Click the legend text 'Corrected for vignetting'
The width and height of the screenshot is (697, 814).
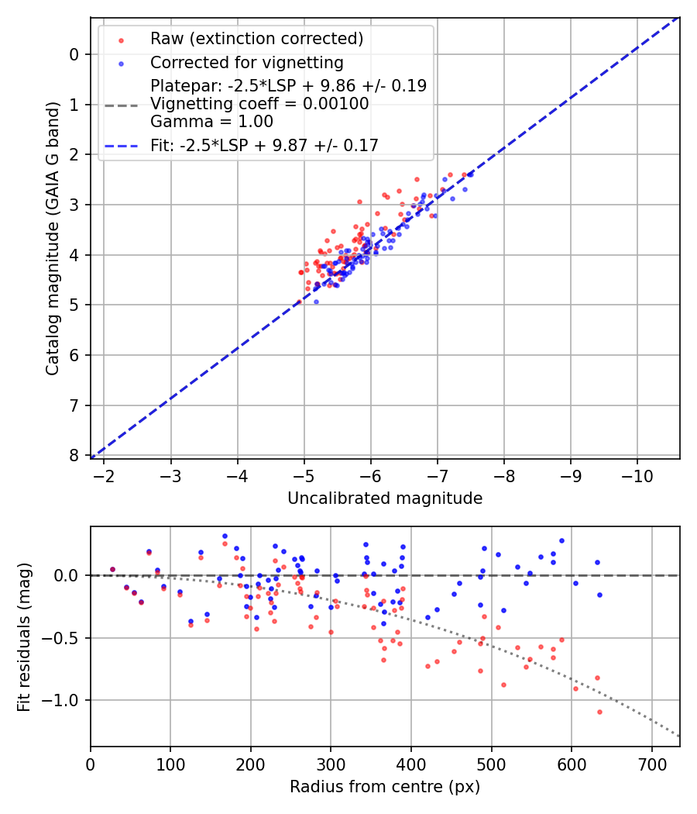246,63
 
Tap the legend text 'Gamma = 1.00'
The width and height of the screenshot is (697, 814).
211,121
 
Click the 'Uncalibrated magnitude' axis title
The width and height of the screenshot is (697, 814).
385,498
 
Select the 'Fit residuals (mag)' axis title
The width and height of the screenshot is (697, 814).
24,636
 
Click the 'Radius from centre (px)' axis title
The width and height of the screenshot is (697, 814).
385,787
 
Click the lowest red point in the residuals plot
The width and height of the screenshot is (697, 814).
599,712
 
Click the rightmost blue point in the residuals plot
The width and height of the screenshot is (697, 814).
599,595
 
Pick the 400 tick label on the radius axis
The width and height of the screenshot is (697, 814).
411,764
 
